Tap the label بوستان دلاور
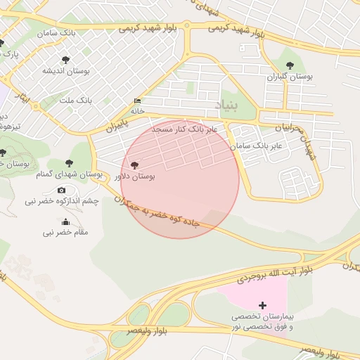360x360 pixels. click(x=136, y=176)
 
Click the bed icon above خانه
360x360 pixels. click(x=136, y=101)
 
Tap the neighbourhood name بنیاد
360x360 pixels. click(x=226, y=105)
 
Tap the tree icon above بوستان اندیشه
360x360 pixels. click(x=65, y=60)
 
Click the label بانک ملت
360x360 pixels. click(x=76, y=101)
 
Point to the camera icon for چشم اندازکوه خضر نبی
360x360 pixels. click(x=61, y=190)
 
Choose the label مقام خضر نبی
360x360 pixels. click(x=65, y=232)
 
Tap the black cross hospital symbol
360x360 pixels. click(x=262, y=305)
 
